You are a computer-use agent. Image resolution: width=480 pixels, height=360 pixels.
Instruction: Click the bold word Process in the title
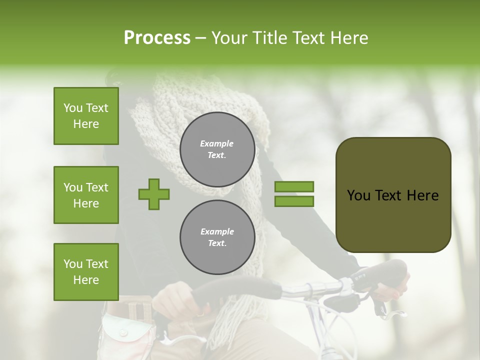click(157, 38)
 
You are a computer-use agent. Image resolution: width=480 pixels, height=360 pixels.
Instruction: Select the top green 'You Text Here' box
click(86, 116)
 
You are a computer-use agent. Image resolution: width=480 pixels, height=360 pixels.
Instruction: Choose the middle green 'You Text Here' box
click(86, 195)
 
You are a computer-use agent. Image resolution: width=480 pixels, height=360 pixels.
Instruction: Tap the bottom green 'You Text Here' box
click(86, 272)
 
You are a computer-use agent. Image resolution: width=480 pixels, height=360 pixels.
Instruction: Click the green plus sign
click(154, 194)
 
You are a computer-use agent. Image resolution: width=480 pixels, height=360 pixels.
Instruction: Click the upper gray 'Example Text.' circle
click(217, 149)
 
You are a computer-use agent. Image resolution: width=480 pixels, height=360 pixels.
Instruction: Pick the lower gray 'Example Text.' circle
click(217, 237)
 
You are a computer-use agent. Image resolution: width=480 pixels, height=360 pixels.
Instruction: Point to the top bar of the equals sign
click(294, 187)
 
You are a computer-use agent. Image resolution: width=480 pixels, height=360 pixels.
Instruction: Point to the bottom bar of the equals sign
click(294, 201)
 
